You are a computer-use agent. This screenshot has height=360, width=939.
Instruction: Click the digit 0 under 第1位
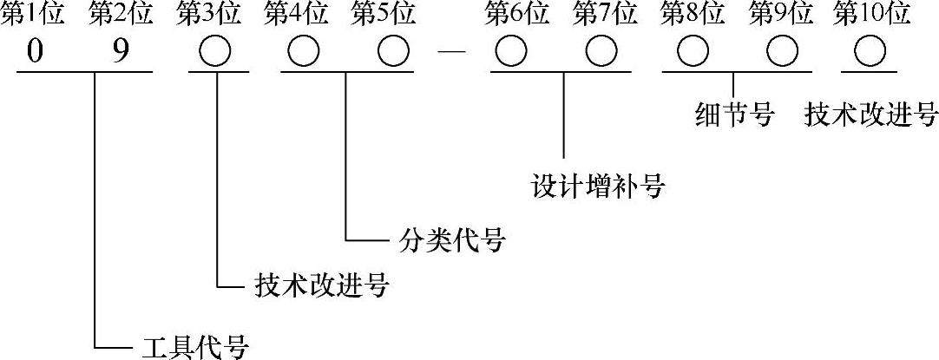(x=34, y=53)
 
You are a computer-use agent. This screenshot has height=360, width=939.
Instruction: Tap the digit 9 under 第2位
(x=121, y=53)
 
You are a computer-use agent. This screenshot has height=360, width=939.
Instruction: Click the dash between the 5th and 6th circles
(x=453, y=54)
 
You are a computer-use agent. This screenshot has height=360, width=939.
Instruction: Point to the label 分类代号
(x=450, y=237)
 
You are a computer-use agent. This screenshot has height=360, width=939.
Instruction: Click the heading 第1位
(x=33, y=14)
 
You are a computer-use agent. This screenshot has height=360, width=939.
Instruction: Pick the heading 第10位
(x=871, y=14)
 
